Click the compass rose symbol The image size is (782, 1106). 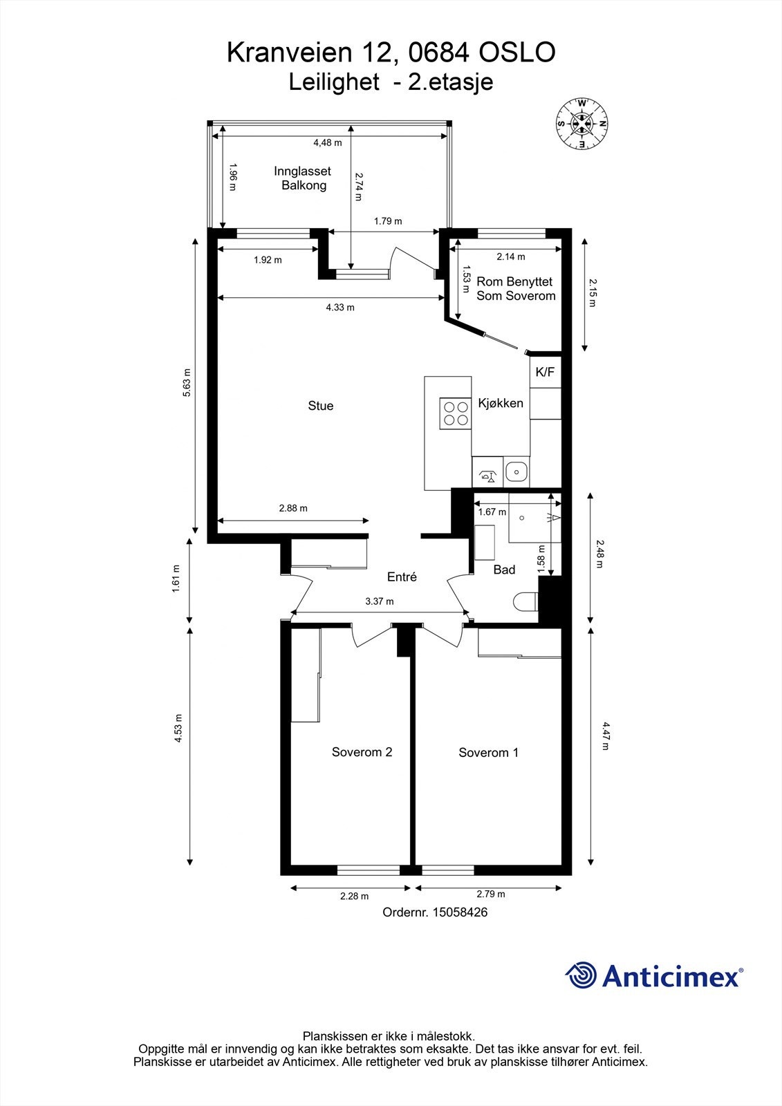tap(582, 124)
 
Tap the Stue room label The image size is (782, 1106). tap(321, 406)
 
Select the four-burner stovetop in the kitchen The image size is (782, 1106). tap(455, 413)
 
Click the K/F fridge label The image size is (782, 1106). tap(545, 373)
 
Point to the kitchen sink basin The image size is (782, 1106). tap(516, 472)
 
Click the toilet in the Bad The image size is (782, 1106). tap(525, 602)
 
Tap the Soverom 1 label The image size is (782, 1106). tap(488, 753)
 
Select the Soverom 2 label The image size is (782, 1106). tap(362, 752)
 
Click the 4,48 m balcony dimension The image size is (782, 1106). tap(328, 142)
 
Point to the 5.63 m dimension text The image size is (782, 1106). tap(187, 383)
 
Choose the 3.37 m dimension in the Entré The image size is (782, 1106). tap(380, 601)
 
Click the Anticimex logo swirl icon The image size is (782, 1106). tap(581, 975)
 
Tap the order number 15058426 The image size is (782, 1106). tap(460, 912)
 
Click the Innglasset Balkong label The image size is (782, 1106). tap(302, 178)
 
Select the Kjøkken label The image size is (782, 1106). tap(501, 404)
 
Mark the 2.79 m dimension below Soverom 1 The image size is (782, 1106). tap(490, 894)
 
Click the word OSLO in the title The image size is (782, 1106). tap(517, 53)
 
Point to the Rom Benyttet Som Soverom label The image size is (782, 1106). tap(516, 289)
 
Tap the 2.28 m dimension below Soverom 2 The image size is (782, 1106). tap(354, 896)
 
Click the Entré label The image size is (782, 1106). tap(402, 577)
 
